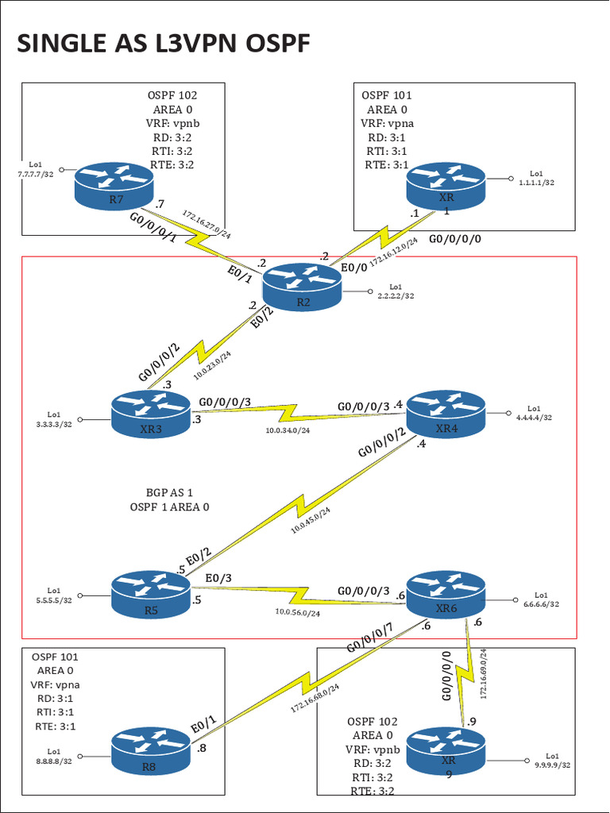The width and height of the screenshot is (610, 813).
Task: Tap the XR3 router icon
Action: coord(151,414)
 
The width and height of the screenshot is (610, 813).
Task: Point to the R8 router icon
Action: coord(151,751)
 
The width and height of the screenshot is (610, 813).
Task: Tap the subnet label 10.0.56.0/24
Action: coord(298,612)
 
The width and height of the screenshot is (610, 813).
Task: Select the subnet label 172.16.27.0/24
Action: coord(207,225)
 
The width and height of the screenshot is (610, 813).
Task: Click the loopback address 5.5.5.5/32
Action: coord(53,600)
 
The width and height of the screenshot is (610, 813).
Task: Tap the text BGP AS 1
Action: coord(169,491)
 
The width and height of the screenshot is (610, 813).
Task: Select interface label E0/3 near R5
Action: coord(219,579)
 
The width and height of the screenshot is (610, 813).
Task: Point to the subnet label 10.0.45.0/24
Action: coord(311,520)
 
